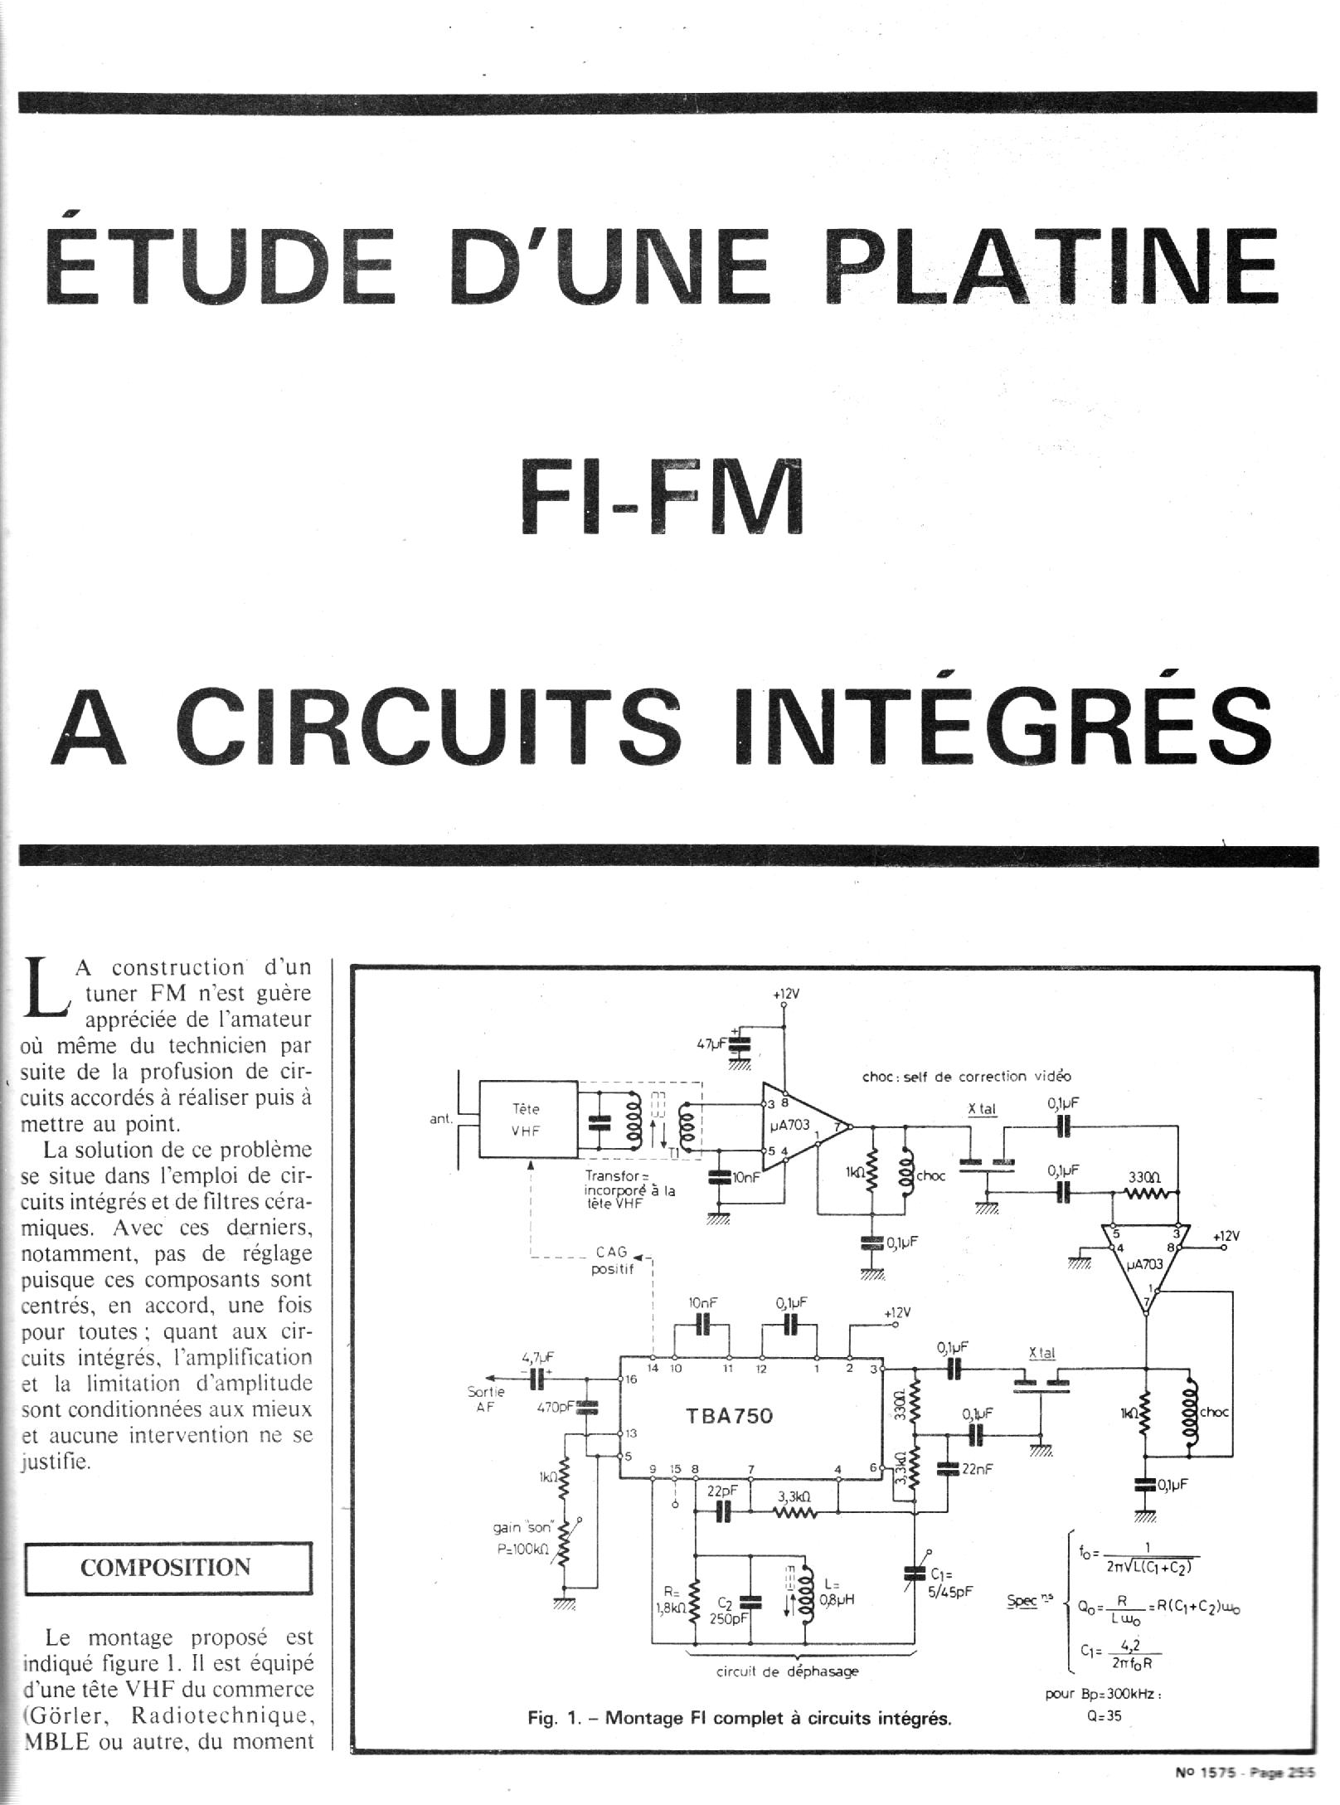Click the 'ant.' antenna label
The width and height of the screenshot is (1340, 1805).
tap(440, 1119)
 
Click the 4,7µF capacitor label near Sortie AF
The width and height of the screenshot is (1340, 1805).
tap(538, 1357)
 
